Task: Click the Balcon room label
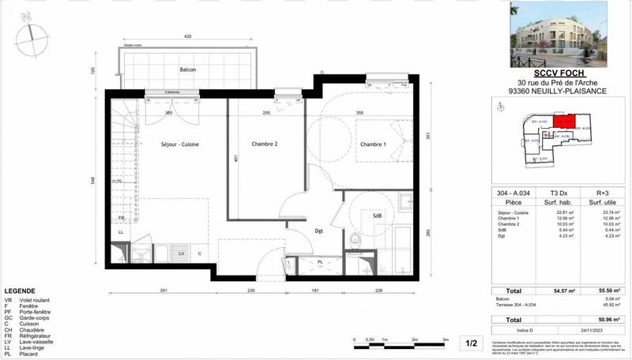(x=187, y=70)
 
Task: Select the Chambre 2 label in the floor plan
(x=265, y=144)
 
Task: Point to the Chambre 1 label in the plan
(x=373, y=144)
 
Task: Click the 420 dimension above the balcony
(x=187, y=37)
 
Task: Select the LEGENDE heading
(x=20, y=291)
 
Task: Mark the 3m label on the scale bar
(x=446, y=339)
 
